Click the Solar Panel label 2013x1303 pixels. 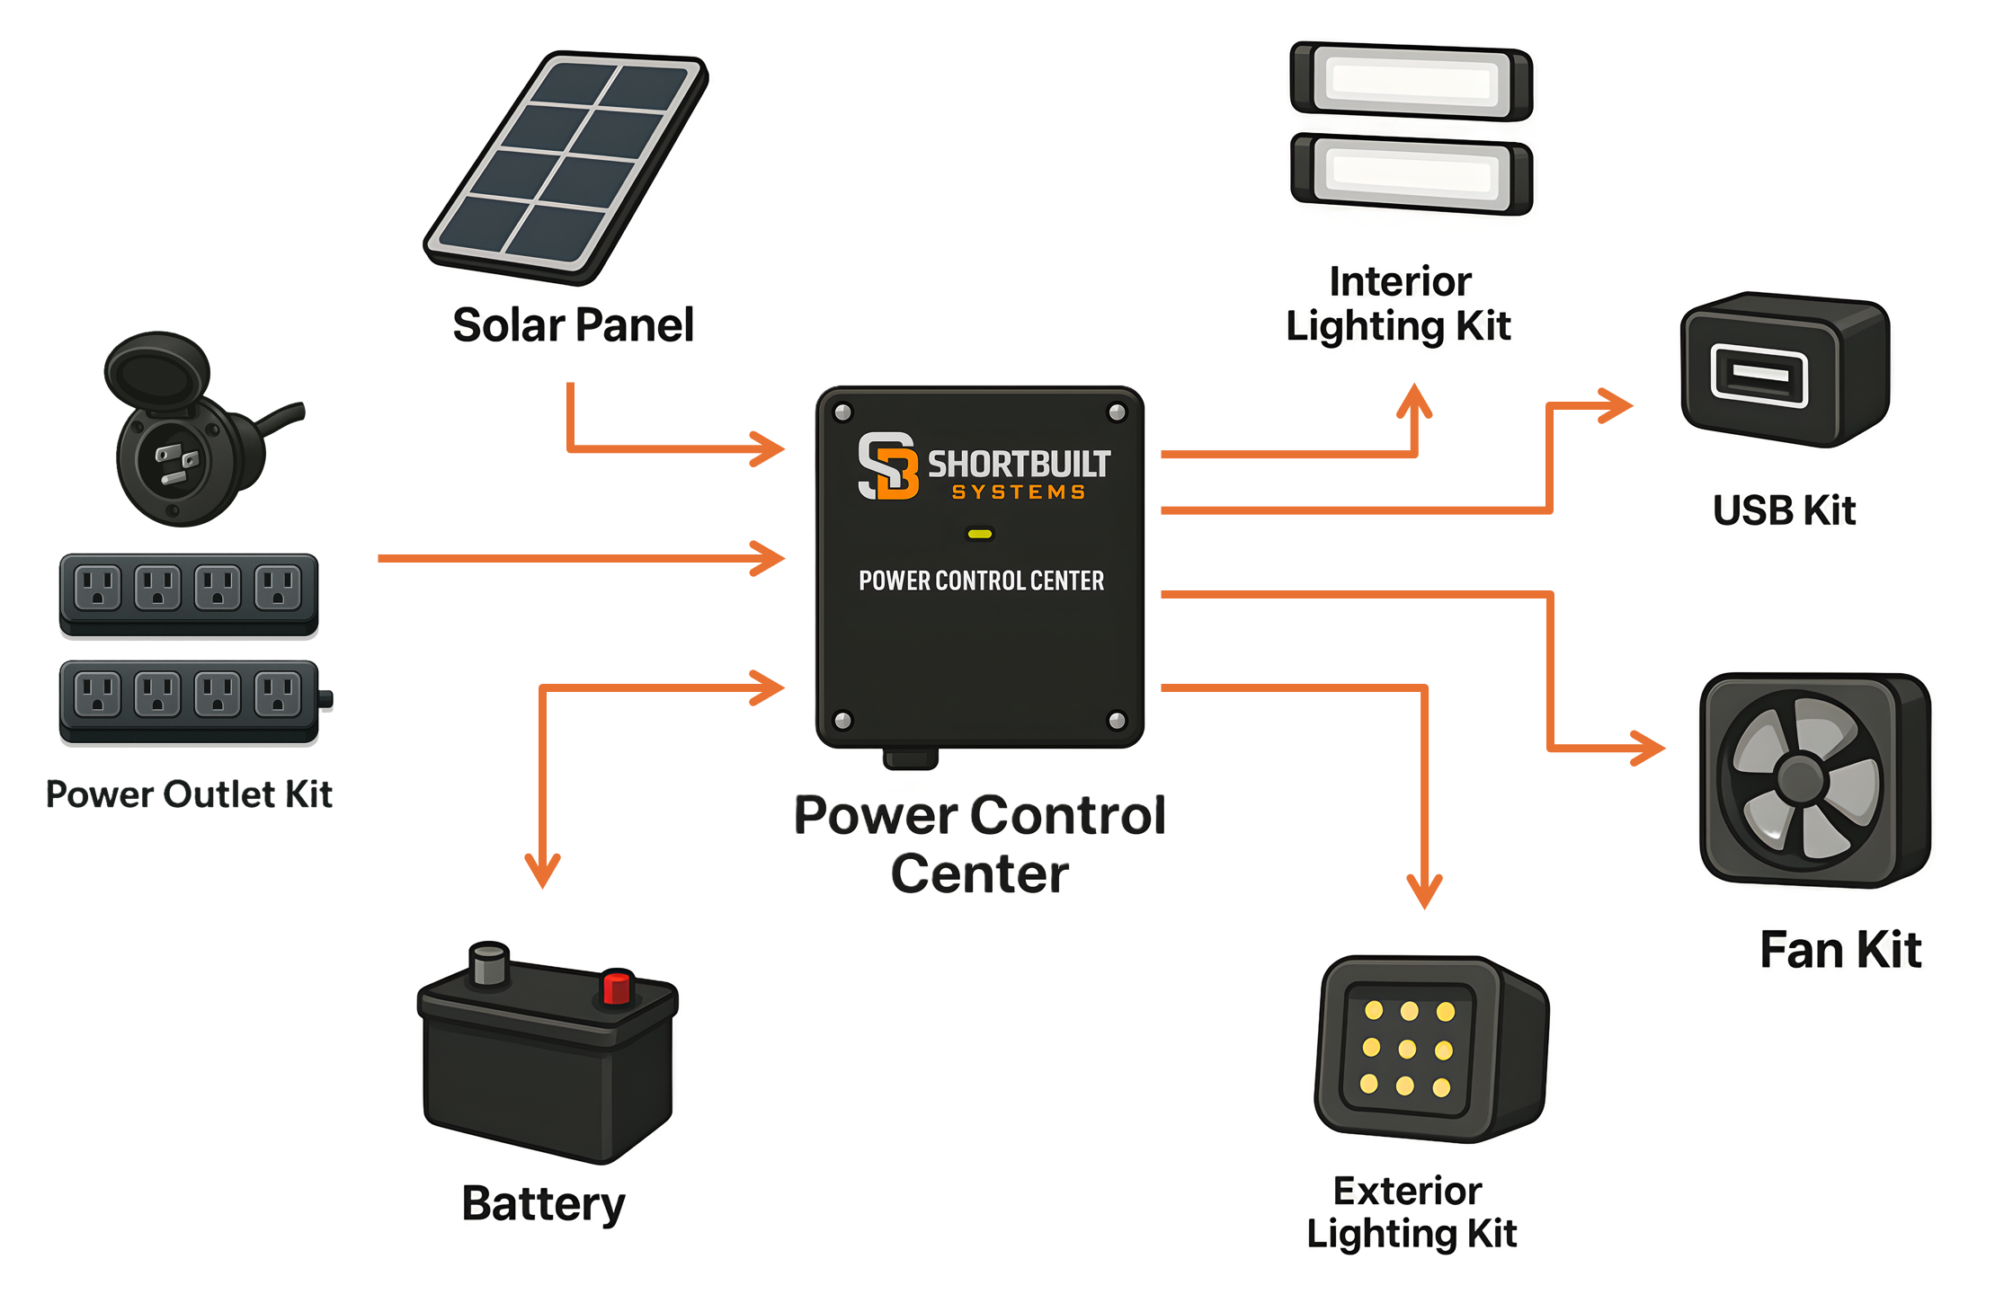pyautogui.click(x=573, y=324)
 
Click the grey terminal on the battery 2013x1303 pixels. pyautogui.click(x=490, y=963)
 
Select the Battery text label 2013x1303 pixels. pyautogui.click(x=543, y=1203)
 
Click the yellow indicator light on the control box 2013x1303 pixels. pyautogui.click(x=979, y=534)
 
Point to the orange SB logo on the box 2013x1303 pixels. pyautogui.click(x=887, y=465)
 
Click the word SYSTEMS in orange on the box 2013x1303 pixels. pyautogui.click(x=1019, y=492)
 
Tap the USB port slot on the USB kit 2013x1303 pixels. pyautogui.click(x=1759, y=374)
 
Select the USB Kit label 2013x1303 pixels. pyautogui.click(x=1784, y=510)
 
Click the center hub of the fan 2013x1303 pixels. pyautogui.click(x=1801, y=778)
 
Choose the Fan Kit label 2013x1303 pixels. pyautogui.click(x=1840, y=950)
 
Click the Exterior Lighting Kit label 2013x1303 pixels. pyautogui.click(x=1411, y=1211)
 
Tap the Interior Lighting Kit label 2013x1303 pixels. pyautogui.click(x=1399, y=304)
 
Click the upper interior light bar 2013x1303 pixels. pyautogui.click(x=1411, y=81)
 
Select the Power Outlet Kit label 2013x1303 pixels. pyautogui.click(x=189, y=794)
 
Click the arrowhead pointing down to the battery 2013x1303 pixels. pyautogui.click(x=542, y=871)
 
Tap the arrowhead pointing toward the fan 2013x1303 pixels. pyautogui.click(x=1648, y=748)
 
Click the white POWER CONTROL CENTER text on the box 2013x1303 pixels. pyautogui.click(x=981, y=581)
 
